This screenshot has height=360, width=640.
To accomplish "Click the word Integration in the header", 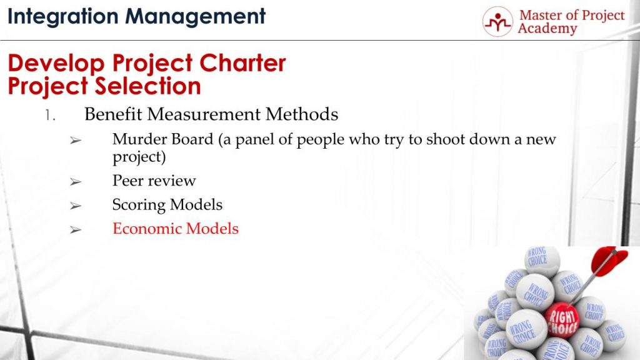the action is point(63,17).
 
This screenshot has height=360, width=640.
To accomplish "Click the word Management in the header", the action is point(196,17).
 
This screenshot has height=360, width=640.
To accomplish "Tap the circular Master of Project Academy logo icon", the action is point(497,22).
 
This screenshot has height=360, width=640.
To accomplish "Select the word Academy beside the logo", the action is point(547,29).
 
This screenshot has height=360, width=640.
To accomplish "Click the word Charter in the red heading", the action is point(242,63).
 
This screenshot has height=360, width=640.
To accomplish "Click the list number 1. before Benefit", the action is point(50,116).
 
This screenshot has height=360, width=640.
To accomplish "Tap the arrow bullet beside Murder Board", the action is point(76,141).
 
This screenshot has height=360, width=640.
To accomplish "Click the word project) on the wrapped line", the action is point(139,157).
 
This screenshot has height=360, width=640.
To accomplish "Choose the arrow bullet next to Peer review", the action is point(76,182).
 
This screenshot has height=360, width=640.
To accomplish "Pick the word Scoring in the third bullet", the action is point(139,205).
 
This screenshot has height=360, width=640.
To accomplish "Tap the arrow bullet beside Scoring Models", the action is point(76,206).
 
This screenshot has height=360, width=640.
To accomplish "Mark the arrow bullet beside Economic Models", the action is point(76,230).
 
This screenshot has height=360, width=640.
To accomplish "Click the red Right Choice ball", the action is point(562,319).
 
